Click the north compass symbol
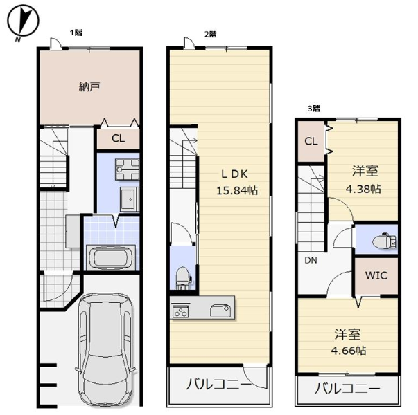click(x=23, y=21)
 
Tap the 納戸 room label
click(x=89, y=86)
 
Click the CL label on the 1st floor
click(x=118, y=138)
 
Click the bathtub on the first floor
click(x=110, y=258)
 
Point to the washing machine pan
click(x=127, y=169)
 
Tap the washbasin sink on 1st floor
click(x=130, y=199)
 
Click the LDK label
click(x=234, y=174)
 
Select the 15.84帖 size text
click(x=236, y=190)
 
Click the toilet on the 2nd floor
click(x=183, y=278)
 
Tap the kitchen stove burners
click(x=180, y=311)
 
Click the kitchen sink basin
click(x=220, y=311)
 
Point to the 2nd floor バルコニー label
click(x=218, y=385)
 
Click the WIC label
click(x=376, y=275)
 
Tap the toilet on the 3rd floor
click(x=384, y=241)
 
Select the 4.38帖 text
click(x=363, y=189)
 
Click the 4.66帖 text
click(x=349, y=351)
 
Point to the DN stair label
click(x=311, y=260)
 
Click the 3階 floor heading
click(x=314, y=109)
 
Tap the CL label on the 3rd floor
click(x=311, y=141)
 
